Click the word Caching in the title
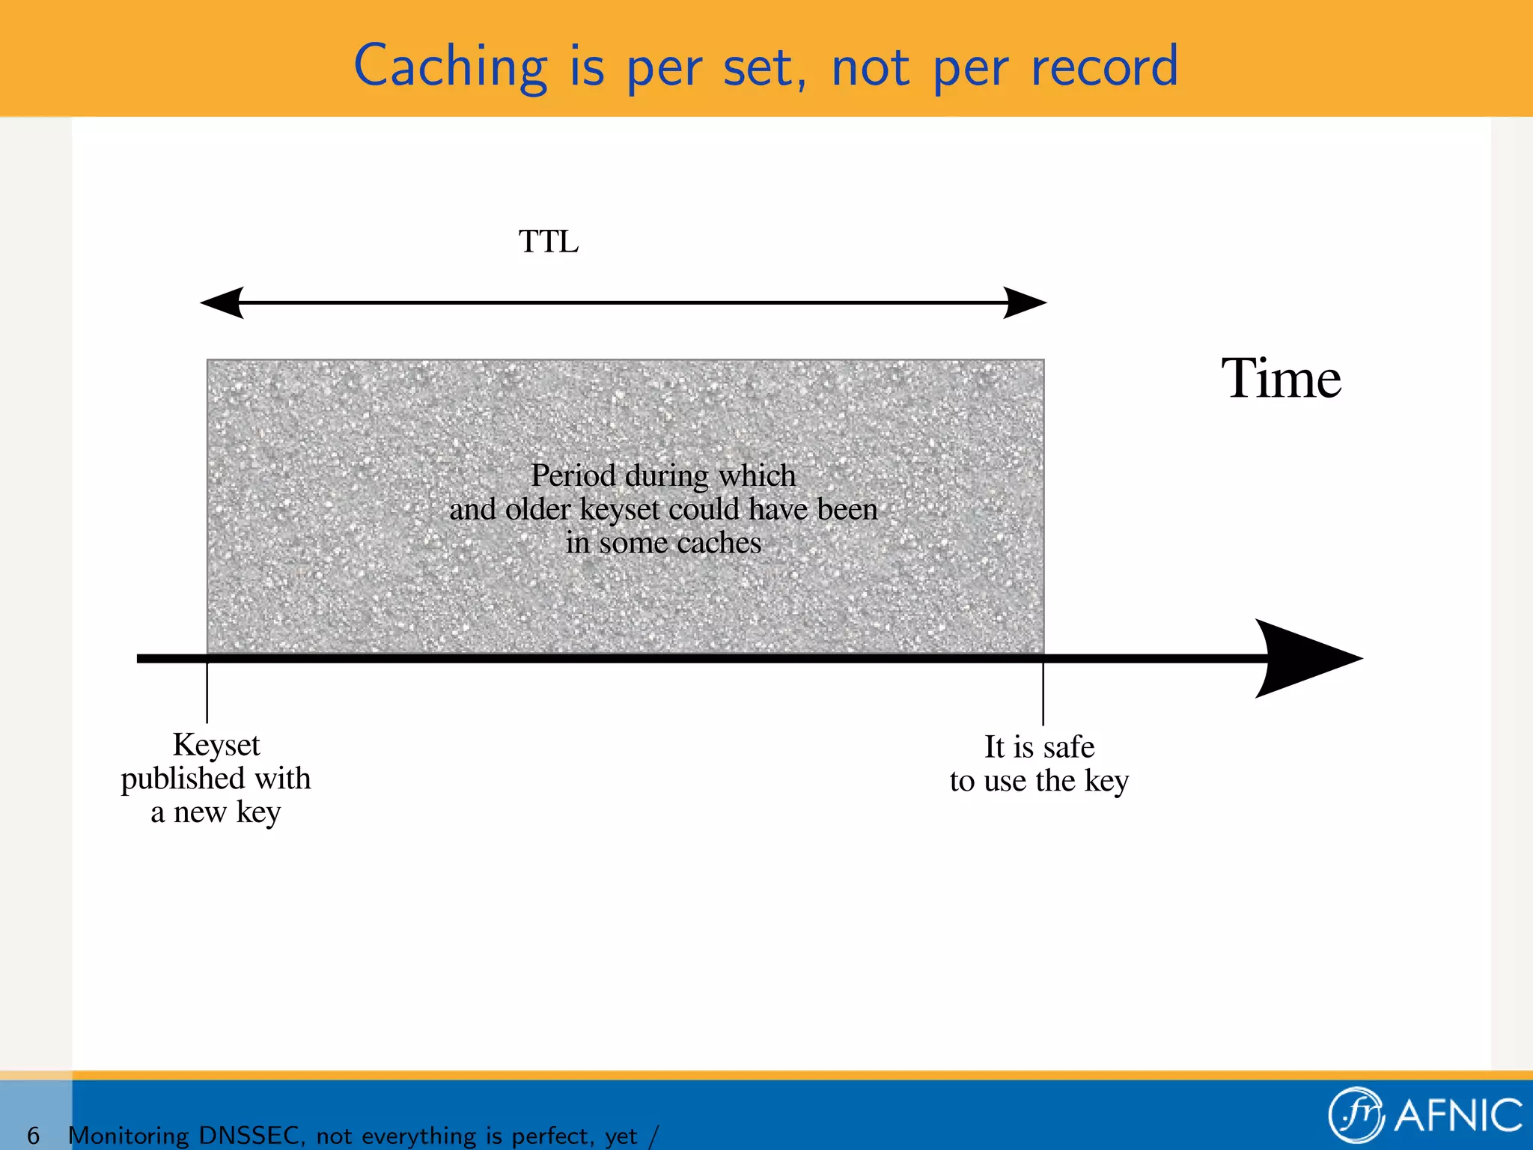coord(451,67)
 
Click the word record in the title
coord(1104,67)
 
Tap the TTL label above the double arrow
coord(549,242)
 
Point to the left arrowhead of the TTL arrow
coord(223,302)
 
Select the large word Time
coord(1281,379)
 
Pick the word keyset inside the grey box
coord(620,510)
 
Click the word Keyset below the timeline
coord(216,745)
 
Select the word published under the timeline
coord(183,779)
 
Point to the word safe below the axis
coord(1068,747)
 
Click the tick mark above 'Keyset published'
coord(207,693)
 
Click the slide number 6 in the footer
coord(33,1136)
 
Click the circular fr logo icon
coord(1356,1115)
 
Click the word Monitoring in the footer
coord(128,1136)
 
